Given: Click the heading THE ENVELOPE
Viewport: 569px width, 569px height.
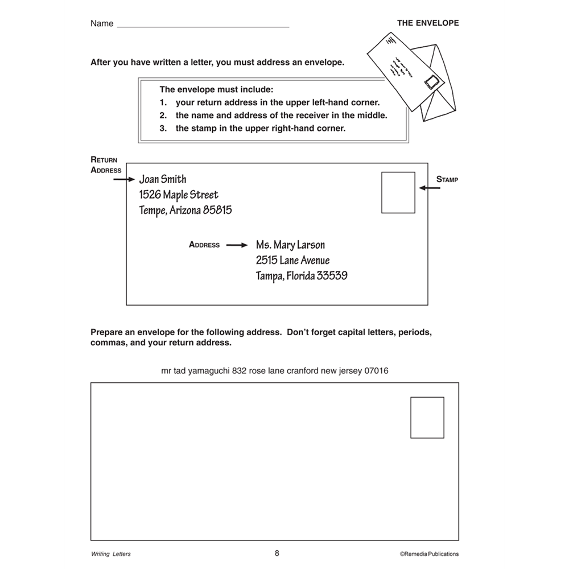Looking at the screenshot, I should coord(428,23).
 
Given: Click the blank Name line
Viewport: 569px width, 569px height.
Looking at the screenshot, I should coord(203,26).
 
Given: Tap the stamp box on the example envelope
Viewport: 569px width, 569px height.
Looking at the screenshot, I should coord(398,193).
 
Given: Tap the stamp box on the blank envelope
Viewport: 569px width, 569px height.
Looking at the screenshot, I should coord(427,418).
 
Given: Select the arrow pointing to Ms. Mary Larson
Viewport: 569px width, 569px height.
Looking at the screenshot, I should coord(237,245).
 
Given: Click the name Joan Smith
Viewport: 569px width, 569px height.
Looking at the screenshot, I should coord(163,180).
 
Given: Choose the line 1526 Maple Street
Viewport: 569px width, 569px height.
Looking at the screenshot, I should coord(178,195).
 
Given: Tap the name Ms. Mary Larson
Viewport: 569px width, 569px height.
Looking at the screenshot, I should coord(290,245).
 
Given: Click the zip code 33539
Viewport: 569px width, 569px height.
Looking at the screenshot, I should coord(332,277).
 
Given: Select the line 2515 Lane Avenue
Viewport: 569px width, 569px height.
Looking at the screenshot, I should coord(292,261).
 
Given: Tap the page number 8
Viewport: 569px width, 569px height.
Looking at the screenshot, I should coord(277,552).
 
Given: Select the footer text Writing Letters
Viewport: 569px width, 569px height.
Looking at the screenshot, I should coord(110,554).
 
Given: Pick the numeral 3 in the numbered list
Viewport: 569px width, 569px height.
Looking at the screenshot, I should coord(163,128).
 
